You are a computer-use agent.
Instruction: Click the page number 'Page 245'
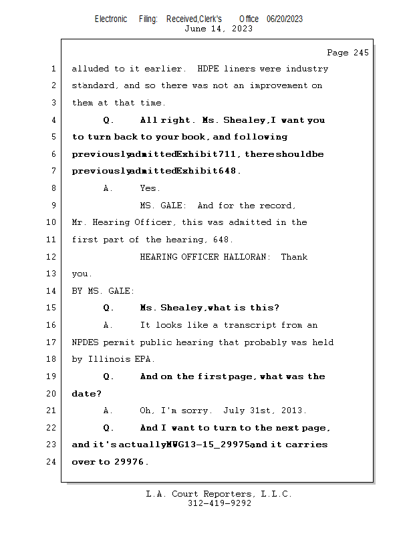click(x=348, y=53)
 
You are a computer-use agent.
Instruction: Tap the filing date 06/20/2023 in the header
click(x=285, y=19)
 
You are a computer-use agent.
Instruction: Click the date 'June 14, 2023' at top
click(x=219, y=29)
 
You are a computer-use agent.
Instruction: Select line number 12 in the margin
click(x=53, y=257)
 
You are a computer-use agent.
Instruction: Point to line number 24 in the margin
click(x=53, y=461)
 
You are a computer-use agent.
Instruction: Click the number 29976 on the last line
click(x=128, y=462)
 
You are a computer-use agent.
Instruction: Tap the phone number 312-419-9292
click(x=219, y=503)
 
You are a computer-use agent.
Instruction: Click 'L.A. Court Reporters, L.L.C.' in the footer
click(x=219, y=494)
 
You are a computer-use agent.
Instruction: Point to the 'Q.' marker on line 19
click(x=108, y=376)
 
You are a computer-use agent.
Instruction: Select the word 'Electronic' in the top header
click(x=111, y=19)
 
